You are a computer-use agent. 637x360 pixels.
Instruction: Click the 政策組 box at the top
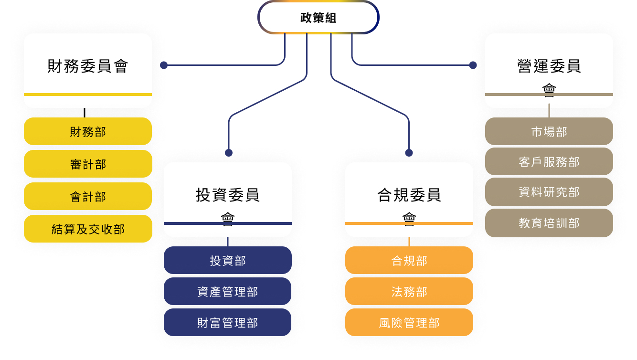pyautogui.click(x=318, y=18)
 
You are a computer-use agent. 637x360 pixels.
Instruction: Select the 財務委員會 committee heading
pyautogui.click(x=88, y=66)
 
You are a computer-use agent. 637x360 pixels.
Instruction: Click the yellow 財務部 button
pyautogui.click(x=88, y=132)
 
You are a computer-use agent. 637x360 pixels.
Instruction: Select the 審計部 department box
pyautogui.click(x=88, y=164)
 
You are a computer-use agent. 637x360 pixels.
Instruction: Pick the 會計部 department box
pyautogui.click(x=88, y=197)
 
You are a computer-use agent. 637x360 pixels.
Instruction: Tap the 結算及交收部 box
pyautogui.click(x=88, y=229)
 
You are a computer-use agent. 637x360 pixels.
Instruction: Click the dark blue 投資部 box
pyautogui.click(x=228, y=261)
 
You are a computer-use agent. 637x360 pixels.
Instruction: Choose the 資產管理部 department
pyautogui.click(x=228, y=292)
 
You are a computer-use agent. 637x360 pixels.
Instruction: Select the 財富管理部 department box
pyautogui.click(x=228, y=323)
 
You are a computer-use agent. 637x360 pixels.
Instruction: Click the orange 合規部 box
pyautogui.click(x=409, y=261)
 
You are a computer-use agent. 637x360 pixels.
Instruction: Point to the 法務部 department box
pyautogui.click(x=409, y=292)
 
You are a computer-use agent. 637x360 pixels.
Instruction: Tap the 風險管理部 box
pyautogui.click(x=409, y=323)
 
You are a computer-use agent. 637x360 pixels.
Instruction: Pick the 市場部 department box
pyautogui.click(x=549, y=132)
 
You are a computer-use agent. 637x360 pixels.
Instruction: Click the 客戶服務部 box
pyautogui.click(x=549, y=162)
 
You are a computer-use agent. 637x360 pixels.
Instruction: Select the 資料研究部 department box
pyautogui.click(x=549, y=192)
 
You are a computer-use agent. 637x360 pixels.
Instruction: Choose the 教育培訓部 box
pyautogui.click(x=549, y=223)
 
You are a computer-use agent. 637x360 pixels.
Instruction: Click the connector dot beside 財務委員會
pyautogui.click(x=164, y=65)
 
